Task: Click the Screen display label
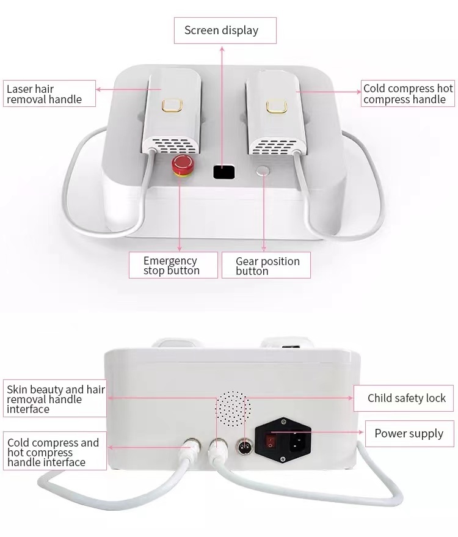click(225, 31)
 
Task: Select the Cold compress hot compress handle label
click(408, 94)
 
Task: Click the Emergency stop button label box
click(173, 266)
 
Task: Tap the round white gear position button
click(263, 170)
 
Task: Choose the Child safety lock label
click(405, 398)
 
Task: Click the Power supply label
click(409, 434)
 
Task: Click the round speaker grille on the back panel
click(233, 407)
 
